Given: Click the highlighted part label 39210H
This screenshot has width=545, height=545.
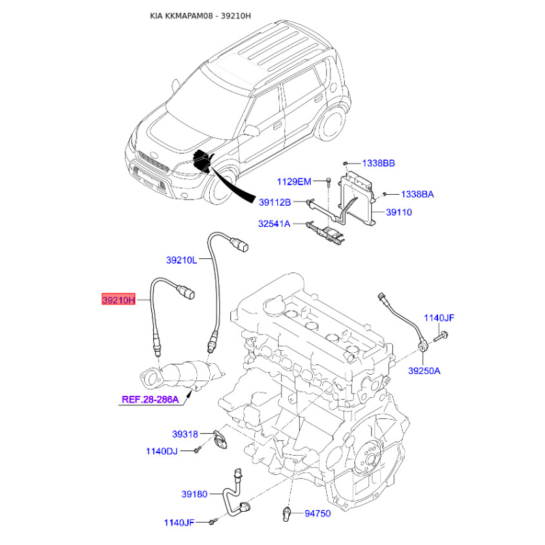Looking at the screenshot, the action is (x=118, y=299).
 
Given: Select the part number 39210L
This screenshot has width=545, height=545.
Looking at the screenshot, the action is (x=181, y=260).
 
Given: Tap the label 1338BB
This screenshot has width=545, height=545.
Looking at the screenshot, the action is (x=379, y=163).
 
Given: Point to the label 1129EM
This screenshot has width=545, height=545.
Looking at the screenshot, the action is (x=294, y=181).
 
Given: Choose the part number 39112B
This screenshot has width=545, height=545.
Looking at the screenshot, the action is (x=275, y=202).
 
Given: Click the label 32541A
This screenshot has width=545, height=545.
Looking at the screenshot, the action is (x=274, y=223).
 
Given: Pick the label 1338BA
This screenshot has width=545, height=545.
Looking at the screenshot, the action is (x=418, y=194).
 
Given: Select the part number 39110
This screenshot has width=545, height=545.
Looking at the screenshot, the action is (x=399, y=212).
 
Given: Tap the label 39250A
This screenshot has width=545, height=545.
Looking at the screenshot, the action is (x=424, y=371).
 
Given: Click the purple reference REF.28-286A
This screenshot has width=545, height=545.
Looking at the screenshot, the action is (x=150, y=399).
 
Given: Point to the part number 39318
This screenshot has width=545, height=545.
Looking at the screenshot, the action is (x=185, y=434).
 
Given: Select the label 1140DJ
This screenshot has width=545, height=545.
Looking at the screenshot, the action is (x=161, y=451).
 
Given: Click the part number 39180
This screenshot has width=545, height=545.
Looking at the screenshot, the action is (x=194, y=494).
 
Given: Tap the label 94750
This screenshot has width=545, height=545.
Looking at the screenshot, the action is (x=317, y=514).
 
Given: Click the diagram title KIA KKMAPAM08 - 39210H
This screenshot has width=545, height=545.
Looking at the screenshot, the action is (x=200, y=16).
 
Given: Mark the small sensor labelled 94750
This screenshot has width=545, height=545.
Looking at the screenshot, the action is (x=286, y=514).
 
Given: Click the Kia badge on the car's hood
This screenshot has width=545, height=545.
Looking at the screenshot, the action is (x=153, y=154).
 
